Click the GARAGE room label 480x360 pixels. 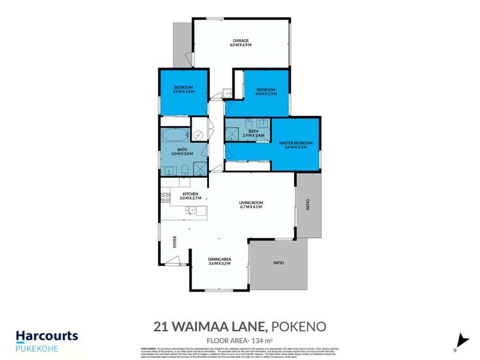tap(240, 40)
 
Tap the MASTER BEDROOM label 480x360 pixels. tap(295, 142)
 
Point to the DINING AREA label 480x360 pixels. tap(219, 258)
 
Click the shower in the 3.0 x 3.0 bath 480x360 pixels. tap(201, 168)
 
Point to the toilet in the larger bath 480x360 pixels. tap(184, 170)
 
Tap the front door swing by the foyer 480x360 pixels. tap(170, 259)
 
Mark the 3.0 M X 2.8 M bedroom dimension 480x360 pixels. tap(183, 92)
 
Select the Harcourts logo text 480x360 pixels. tap(47, 336)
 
